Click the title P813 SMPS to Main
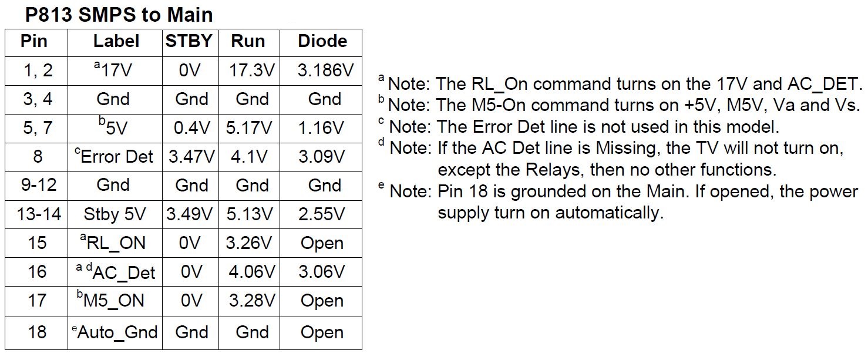pyautogui.click(x=119, y=15)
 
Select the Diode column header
pyautogui.click(x=322, y=41)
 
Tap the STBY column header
pyautogui.click(x=189, y=41)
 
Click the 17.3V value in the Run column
pyautogui.click(x=252, y=70)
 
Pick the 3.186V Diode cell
pyautogui.click(x=325, y=70)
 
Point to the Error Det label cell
pyautogui.click(x=114, y=156)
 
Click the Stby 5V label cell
pyautogui.click(x=115, y=214)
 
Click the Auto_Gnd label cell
pyautogui.click(x=115, y=332)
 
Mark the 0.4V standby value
pyautogui.click(x=192, y=128)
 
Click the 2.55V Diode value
pyautogui.click(x=322, y=214)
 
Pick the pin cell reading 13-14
pyautogui.click(x=39, y=214)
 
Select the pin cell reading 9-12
pyautogui.click(x=39, y=185)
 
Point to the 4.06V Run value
pyautogui.click(x=252, y=272)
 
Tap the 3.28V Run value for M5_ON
pyautogui.click(x=252, y=300)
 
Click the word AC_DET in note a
pyautogui.click(x=825, y=84)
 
